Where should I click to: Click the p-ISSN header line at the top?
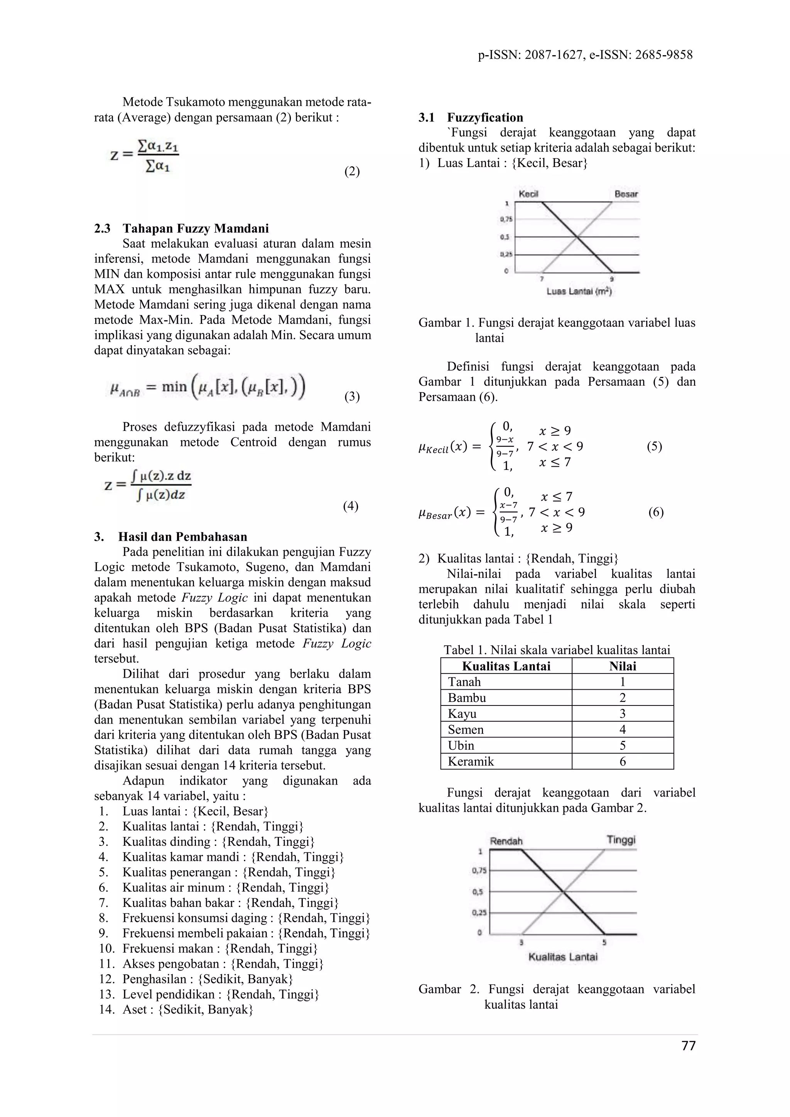(585, 55)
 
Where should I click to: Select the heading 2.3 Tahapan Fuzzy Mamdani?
(181, 228)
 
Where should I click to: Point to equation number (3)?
(352, 397)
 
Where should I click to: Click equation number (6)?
(656, 512)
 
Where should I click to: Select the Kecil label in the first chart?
(528, 194)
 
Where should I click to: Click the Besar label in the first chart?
(626, 194)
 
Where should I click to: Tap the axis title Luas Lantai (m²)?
(579, 292)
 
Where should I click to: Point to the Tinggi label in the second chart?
(621, 840)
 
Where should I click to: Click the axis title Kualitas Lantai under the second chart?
(563, 957)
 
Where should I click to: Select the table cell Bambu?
(467, 698)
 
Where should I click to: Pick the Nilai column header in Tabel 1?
(622, 666)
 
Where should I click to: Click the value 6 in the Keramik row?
(622, 761)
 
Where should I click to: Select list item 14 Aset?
(176, 1009)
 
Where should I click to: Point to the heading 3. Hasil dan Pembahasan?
(171, 537)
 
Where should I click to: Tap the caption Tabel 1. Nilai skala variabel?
(557, 650)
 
